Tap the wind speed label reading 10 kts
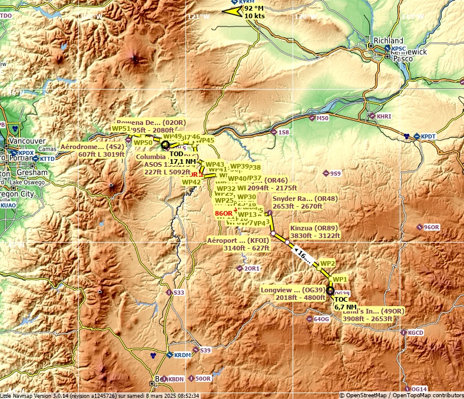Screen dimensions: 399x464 pyautogui.click(x=255, y=15)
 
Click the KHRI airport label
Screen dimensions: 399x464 pyautogui.click(x=383, y=117)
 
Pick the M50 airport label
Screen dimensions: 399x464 pyautogui.click(x=322, y=118)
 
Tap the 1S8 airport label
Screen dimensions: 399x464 pyautogui.click(x=284, y=133)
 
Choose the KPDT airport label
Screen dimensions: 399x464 pyautogui.click(x=427, y=137)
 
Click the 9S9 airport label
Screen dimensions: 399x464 pyautogui.click(x=335, y=173)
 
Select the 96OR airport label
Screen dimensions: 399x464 pyautogui.click(x=432, y=227)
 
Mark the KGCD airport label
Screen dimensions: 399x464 pyautogui.click(x=416, y=333)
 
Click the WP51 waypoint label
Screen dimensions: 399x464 pyautogui.click(x=121, y=128)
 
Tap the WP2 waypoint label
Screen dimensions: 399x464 pyautogui.click(x=327, y=263)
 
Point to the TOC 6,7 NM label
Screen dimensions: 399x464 pyautogui.click(x=345, y=303)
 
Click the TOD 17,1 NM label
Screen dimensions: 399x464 pyautogui.click(x=183, y=157)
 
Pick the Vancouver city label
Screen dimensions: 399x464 pyautogui.click(x=28, y=141)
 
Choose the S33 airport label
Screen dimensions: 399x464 pyautogui.click(x=178, y=292)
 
